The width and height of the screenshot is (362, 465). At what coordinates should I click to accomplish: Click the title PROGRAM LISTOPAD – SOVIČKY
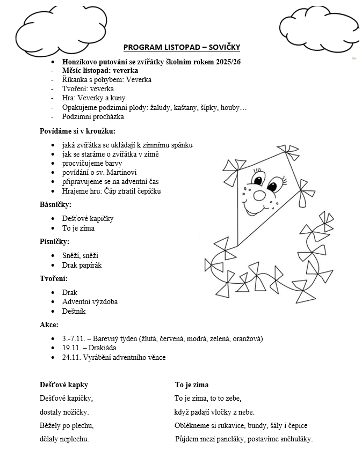(x=181, y=47)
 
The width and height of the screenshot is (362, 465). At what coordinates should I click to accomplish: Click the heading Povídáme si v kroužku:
(x=77, y=131)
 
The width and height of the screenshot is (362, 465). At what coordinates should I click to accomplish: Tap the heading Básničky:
(x=55, y=204)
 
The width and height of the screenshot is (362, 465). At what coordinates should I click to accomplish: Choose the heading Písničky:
(x=54, y=241)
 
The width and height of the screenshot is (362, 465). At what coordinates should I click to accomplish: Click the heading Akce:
(x=49, y=324)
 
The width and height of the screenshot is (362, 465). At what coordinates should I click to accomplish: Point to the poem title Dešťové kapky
(x=64, y=385)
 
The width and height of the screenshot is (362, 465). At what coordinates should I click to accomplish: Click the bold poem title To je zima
(x=192, y=385)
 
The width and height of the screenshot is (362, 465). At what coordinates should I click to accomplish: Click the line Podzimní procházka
(x=93, y=116)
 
